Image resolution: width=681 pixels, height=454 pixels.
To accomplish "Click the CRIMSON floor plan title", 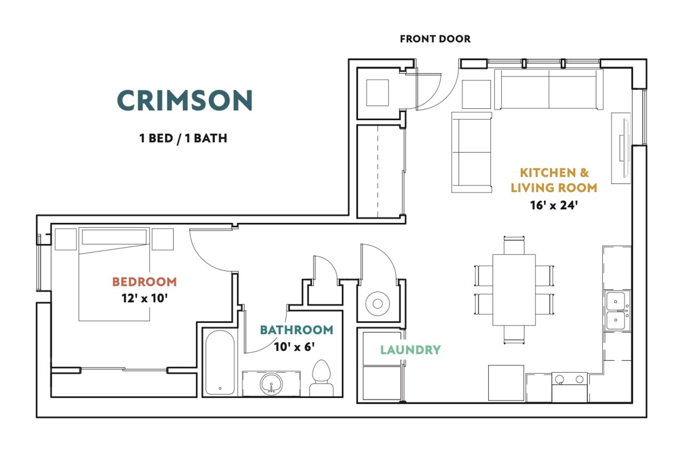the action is point(185,100).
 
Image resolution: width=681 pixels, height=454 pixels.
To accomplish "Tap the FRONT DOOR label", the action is point(435,39).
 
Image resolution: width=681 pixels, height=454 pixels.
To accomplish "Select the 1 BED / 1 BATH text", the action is point(183,138).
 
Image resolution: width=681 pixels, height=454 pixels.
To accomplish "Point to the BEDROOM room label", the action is point(145,282).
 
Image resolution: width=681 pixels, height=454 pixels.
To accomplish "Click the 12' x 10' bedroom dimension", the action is point(145,298).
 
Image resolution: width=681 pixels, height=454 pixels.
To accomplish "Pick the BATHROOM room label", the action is point(296,330).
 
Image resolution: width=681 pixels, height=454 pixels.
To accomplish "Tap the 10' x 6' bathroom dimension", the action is point(294,347).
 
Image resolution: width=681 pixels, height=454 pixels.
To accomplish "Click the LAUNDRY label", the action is point(410,350).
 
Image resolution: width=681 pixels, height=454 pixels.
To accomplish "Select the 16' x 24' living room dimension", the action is point(554,205).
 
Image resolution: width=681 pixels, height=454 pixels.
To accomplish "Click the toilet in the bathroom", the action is point(321,379).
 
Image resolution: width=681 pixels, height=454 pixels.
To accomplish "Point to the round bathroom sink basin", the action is point(271,384).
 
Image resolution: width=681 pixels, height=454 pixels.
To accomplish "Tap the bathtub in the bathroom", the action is point(220,362).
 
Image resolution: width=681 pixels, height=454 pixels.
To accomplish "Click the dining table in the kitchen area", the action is point(514,290).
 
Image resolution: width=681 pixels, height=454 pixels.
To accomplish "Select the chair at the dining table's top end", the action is point(514,245).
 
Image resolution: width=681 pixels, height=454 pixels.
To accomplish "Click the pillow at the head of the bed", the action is point(114,237).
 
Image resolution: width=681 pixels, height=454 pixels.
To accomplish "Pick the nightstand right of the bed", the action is point(163,239).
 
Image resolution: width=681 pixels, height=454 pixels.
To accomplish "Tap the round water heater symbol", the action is point(377,304).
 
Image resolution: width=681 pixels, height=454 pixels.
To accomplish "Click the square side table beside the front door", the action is point(476,94).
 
